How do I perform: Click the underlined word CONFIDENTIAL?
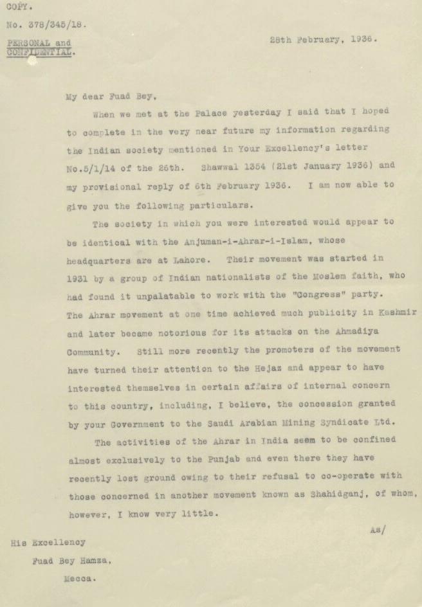tap(38, 53)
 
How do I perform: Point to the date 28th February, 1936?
tap(323, 39)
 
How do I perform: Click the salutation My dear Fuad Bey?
tap(111, 97)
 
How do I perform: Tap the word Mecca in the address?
tap(79, 577)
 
